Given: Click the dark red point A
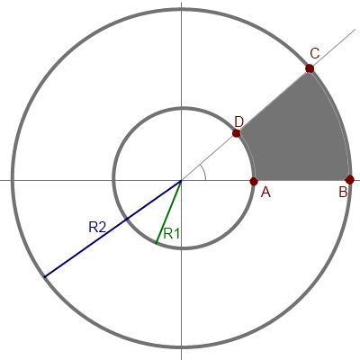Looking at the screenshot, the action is (254, 181).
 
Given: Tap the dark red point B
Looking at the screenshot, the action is (349, 180).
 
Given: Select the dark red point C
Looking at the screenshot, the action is (310, 68).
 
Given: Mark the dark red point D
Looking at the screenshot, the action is (237, 133).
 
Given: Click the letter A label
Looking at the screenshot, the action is (265, 192).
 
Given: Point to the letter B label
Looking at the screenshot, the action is (343, 192).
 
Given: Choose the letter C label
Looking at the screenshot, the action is (315, 54).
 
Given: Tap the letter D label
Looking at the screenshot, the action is (239, 122).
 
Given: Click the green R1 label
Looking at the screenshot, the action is (172, 233).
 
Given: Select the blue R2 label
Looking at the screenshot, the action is (97, 227).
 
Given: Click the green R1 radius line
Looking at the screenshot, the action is (168, 211).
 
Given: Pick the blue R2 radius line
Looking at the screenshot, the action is (112, 229).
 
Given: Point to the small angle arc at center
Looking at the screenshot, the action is (204, 172).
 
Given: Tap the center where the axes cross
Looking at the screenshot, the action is (181, 181).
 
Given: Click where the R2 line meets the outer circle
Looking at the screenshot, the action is (44, 277).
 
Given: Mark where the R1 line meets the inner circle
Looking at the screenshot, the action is (156, 243).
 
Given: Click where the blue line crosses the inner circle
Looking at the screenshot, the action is (127, 219).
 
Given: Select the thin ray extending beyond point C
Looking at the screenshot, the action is (333, 49).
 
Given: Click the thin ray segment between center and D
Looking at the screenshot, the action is (209, 157).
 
